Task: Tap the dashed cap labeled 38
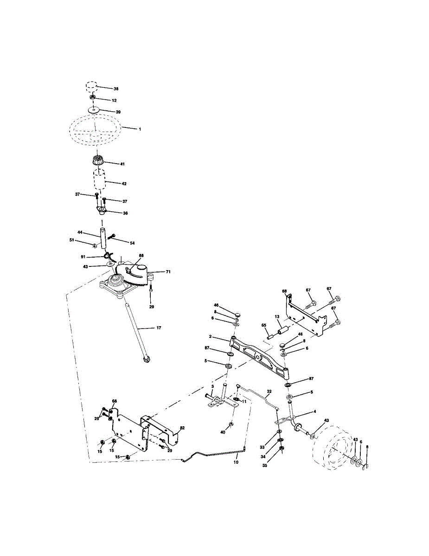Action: click(92, 87)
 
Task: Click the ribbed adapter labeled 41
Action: click(97, 163)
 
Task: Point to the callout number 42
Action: click(123, 183)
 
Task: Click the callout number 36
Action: click(125, 213)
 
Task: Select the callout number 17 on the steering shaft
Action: click(159, 328)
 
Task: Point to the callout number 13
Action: click(277, 316)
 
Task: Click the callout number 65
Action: click(263, 326)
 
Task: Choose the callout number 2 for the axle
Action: click(210, 337)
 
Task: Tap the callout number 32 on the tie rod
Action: click(269, 392)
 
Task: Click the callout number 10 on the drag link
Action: click(236, 462)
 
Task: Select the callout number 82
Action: click(182, 428)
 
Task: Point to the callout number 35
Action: click(264, 466)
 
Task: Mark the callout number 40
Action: click(223, 432)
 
